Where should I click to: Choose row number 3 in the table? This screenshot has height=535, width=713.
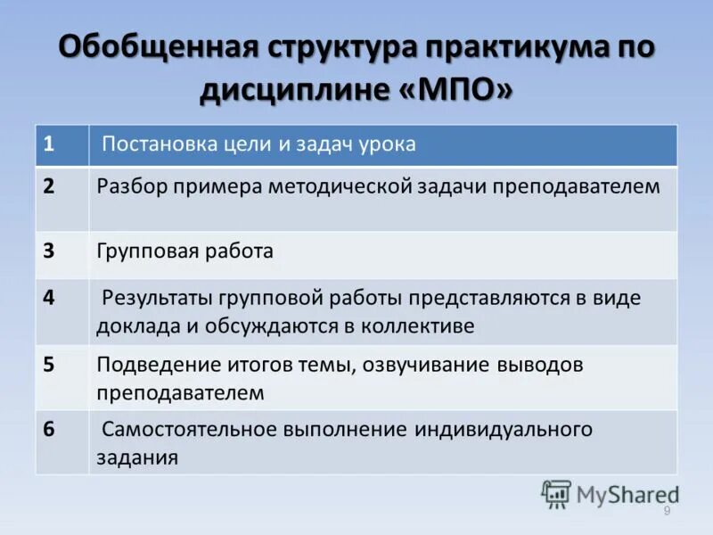[x=49, y=251]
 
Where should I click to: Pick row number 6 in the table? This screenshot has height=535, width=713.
[x=49, y=429]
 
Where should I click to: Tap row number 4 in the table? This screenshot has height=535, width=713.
[x=49, y=297]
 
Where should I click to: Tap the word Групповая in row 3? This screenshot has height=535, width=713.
[x=142, y=251]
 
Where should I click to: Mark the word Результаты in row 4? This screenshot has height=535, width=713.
[x=158, y=298]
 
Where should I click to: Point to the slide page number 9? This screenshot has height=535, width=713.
[x=666, y=510]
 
